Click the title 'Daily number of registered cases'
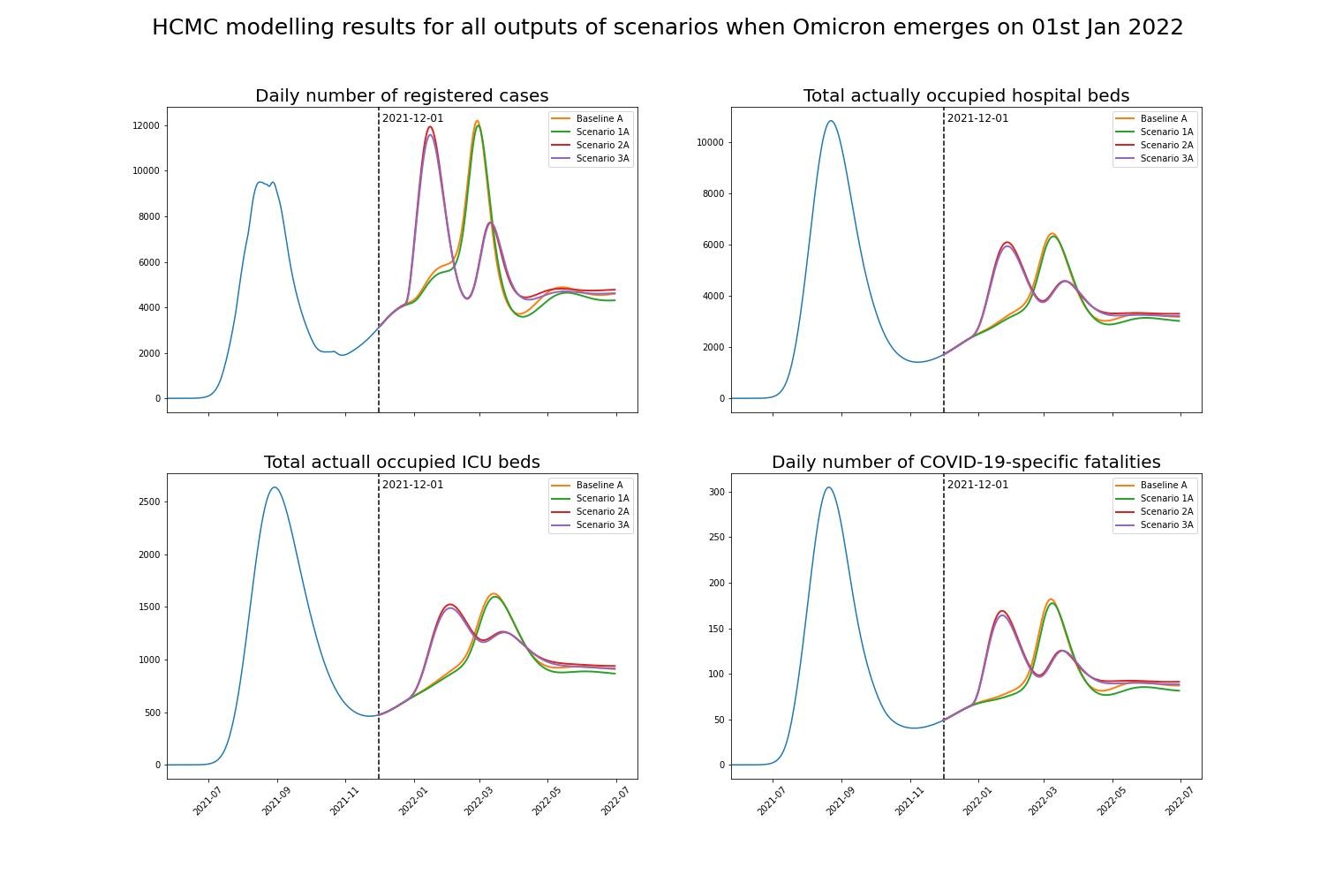(x=402, y=95)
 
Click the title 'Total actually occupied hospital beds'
(x=966, y=95)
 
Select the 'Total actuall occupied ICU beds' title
(x=402, y=462)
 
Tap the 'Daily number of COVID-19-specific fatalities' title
(x=966, y=462)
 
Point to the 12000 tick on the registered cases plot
(x=147, y=125)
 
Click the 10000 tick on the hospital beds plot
(x=711, y=142)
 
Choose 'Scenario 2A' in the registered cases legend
(x=602, y=145)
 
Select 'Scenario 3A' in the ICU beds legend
(x=602, y=525)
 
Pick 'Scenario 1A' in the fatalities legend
(x=1166, y=499)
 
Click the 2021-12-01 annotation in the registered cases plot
(x=412, y=118)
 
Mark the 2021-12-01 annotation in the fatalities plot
(x=977, y=485)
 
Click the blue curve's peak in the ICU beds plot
(x=275, y=487)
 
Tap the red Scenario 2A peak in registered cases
(x=430, y=126)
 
